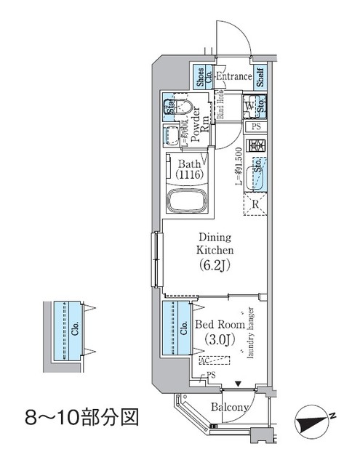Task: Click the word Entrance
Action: [232, 76]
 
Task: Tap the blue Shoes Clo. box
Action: [200, 77]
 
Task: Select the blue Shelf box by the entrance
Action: [260, 77]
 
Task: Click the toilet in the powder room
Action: [183, 110]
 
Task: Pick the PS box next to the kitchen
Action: [255, 127]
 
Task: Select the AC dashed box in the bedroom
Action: [214, 359]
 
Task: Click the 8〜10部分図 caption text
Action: [79, 418]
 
